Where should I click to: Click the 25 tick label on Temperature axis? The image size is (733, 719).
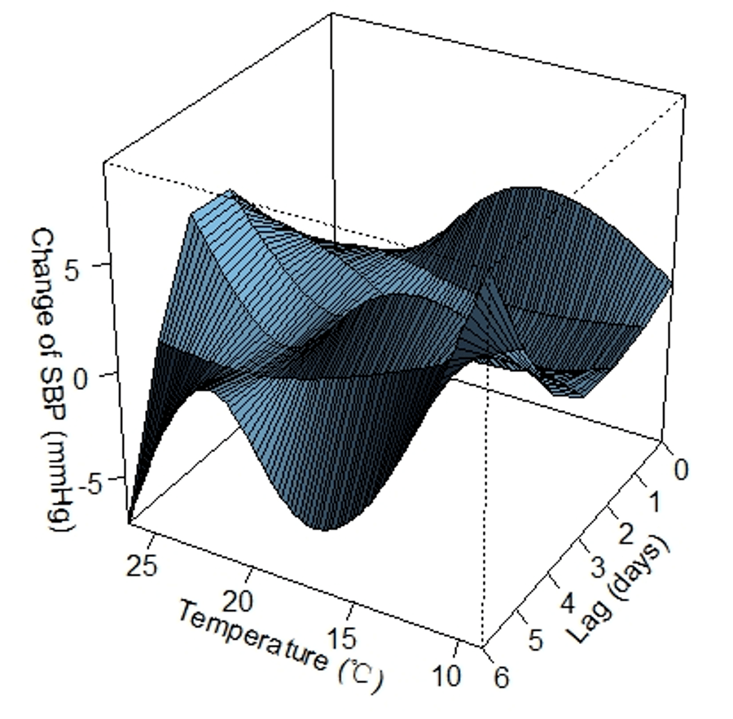click(143, 566)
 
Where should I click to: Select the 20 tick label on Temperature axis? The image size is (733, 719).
click(238, 601)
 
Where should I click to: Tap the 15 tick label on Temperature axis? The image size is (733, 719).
click(342, 638)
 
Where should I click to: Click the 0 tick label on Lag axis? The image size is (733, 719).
click(681, 469)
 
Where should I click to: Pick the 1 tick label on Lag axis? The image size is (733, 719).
click(655, 502)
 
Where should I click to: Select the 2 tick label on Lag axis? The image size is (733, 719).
click(626, 534)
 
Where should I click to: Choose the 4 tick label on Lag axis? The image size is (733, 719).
click(567, 603)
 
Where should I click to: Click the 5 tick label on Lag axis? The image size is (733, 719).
click(536, 639)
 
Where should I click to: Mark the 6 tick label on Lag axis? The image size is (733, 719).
click(501, 677)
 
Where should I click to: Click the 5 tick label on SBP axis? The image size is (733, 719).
click(73, 270)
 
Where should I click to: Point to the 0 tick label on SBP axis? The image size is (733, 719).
click(81, 379)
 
